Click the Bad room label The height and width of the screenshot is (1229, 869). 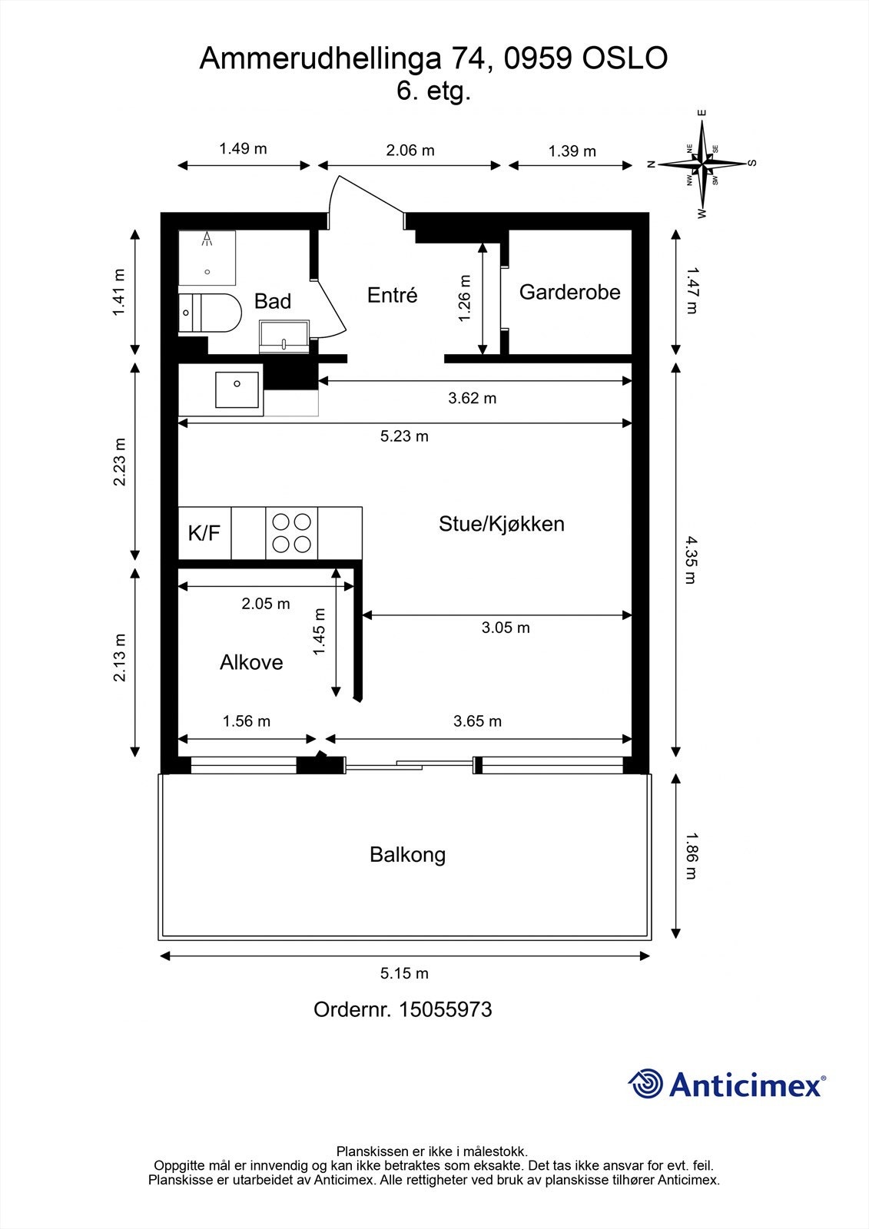pyautogui.click(x=273, y=301)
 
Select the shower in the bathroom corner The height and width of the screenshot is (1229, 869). pyautogui.click(x=207, y=257)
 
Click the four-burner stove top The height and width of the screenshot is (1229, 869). pyautogui.click(x=292, y=533)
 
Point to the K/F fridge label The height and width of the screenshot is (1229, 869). pyautogui.click(x=204, y=533)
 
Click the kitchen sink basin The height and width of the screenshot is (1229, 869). pyautogui.click(x=237, y=389)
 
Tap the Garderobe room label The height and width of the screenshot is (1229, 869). pyautogui.click(x=569, y=292)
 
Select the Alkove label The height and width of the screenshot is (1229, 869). pyautogui.click(x=251, y=662)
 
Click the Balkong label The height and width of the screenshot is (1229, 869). pyautogui.click(x=407, y=854)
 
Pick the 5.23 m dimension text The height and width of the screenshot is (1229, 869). pyautogui.click(x=404, y=436)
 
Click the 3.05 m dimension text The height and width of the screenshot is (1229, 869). pyautogui.click(x=506, y=628)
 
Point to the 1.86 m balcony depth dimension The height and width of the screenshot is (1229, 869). pyautogui.click(x=691, y=856)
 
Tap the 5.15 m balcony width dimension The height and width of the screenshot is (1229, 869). pyautogui.click(x=404, y=973)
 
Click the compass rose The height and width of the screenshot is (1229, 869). pyautogui.click(x=702, y=164)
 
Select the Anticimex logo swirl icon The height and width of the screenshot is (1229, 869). pyautogui.click(x=645, y=1084)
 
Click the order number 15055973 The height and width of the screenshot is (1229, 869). pyautogui.click(x=445, y=1009)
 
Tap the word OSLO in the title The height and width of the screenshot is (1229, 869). pyautogui.click(x=625, y=58)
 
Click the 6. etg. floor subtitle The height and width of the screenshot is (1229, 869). pyautogui.click(x=433, y=91)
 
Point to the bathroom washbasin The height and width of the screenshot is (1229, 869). pyautogui.click(x=285, y=336)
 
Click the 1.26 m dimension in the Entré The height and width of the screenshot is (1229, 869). pyautogui.click(x=464, y=299)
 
